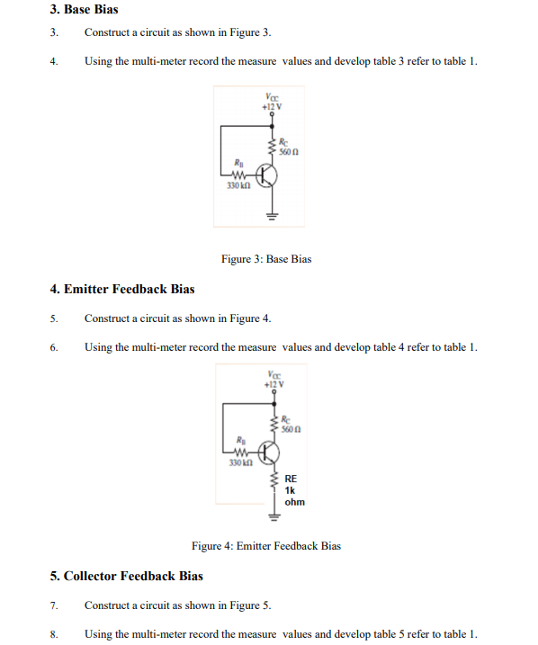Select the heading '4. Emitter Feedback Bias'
point(122,289)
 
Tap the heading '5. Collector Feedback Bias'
point(127,576)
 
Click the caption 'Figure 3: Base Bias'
point(266,259)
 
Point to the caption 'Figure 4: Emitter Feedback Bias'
point(266,545)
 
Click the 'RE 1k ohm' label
point(294,490)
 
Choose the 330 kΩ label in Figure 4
point(237,462)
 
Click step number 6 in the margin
point(54,347)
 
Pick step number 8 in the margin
point(54,634)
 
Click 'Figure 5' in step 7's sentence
point(250,605)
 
